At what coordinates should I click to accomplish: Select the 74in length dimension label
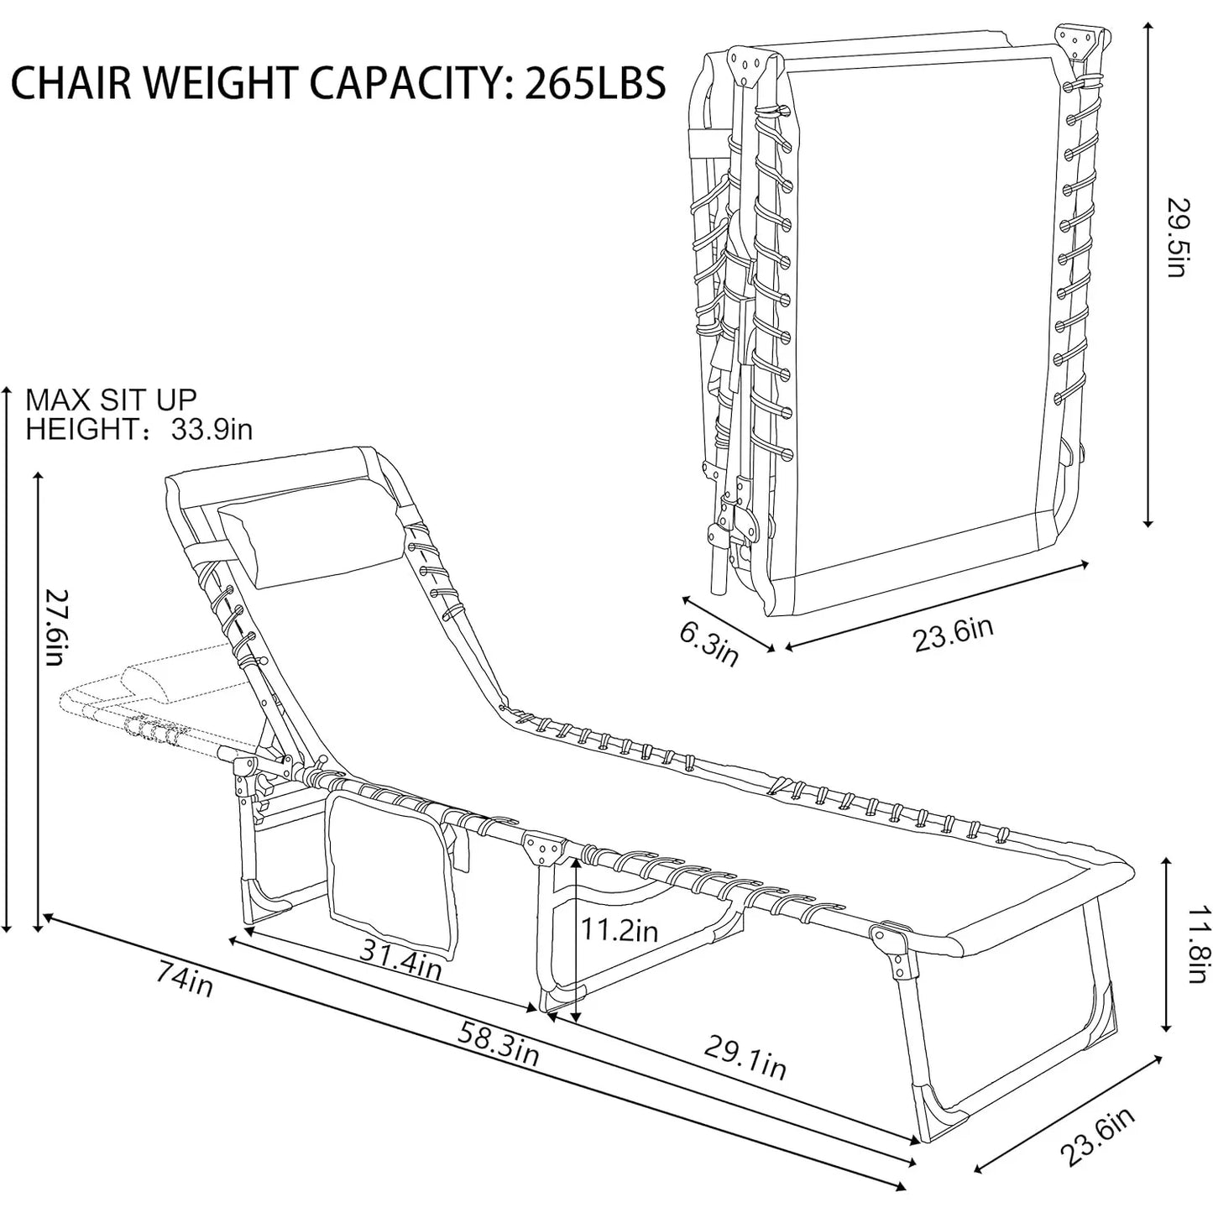[184, 979]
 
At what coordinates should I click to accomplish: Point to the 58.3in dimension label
[498, 1043]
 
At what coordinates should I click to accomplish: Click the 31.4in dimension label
[401, 958]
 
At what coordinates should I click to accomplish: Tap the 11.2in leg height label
[620, 931]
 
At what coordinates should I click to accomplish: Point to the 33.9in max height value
[212, 430]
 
